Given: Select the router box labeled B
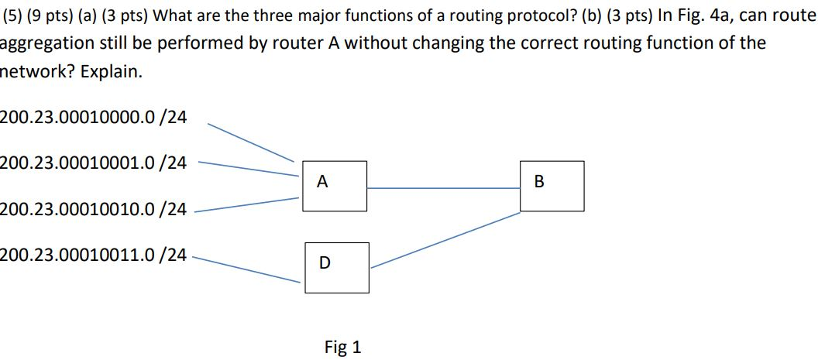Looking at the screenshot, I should pyautogui.click(x=552, y=186).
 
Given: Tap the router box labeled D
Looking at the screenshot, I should pyautogui.click(x=336, y=267).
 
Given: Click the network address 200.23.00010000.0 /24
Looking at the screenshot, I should pyautogui.click(x=94, y=118).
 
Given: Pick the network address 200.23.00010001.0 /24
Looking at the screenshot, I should pyautogui.click(x=94, y=163).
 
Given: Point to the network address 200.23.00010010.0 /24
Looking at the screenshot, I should pyautogui.click(x=94, y=208).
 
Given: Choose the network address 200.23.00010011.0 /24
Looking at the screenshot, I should pyautogui.click(x=94, y=254).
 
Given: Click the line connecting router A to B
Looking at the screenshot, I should pyautogui.click(x=443, y=187).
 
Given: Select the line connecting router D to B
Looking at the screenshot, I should pyautogui.click(x=445, y=240).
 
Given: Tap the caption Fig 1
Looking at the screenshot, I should pyautogui.click(x=342, y=347).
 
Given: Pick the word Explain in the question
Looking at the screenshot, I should pyautogui.click(x=117, y=72).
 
